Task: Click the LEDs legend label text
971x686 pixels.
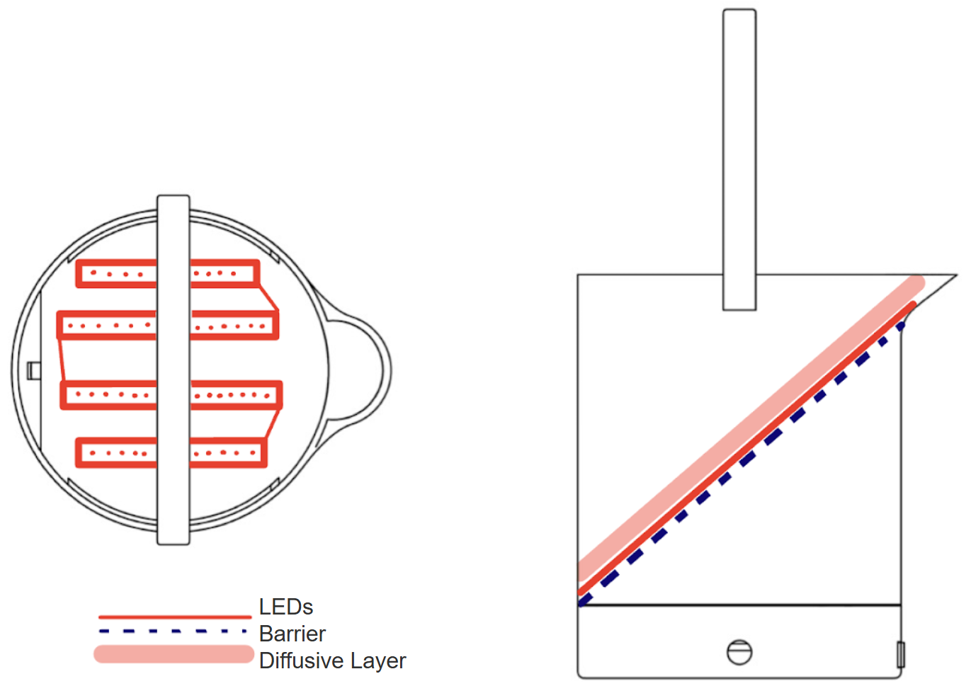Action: (285, 607)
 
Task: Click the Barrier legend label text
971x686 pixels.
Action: (292, 634)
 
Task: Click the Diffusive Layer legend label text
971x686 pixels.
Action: (332, 661)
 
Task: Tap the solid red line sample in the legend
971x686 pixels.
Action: (175, 617)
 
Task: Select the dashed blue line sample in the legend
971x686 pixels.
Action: (174, 631)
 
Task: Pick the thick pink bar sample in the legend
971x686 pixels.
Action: (174, 654)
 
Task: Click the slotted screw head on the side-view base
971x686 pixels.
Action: (739, 652)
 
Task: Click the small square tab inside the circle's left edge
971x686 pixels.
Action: (33, 370)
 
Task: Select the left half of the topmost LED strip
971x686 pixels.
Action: (117, 274)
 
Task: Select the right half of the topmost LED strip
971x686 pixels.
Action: (223, 273)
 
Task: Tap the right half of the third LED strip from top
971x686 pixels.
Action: (235, 395)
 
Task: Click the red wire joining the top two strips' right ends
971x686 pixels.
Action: (268, 297)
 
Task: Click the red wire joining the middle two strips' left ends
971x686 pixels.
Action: (62, 360)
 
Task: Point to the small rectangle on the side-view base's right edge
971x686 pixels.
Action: (900, 654)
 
